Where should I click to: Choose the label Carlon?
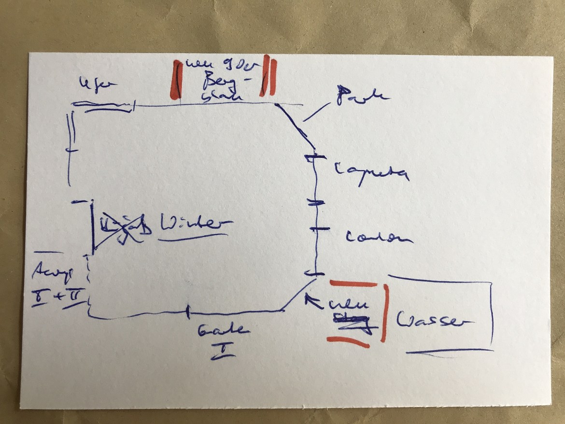click(379, 238)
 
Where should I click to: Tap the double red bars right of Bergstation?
click(268, 76)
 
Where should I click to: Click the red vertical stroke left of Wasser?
click(384, 313)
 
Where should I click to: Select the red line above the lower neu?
click(353, 284)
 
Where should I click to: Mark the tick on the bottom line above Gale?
click(187, 313)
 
